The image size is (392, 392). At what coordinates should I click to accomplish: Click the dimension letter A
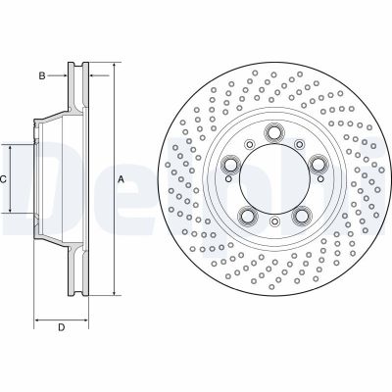121,179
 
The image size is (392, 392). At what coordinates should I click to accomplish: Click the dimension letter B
41,74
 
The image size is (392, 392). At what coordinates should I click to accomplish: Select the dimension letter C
4,179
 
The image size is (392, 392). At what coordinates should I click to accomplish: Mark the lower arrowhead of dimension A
112,294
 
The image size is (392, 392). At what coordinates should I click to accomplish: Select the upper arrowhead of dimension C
11,145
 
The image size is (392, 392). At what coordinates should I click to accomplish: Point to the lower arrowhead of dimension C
11,213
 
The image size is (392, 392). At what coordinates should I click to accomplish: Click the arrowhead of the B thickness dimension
68,74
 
